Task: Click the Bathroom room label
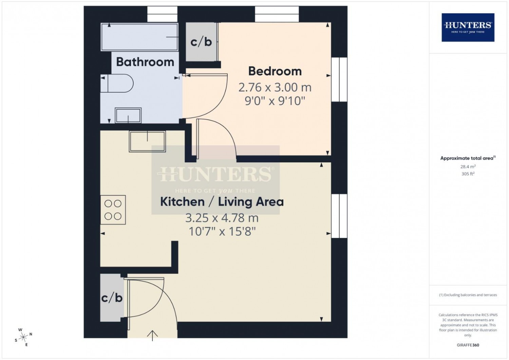[x=145, y=62]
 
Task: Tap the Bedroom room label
[x=275, y=71]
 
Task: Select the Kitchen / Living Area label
[x=222, y=202]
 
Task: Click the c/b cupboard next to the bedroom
[x=201, y=42]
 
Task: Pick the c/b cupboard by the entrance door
[x=112, y=298]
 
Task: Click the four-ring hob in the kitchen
[x=113, y=210]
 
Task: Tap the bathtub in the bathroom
[x=139, y=37]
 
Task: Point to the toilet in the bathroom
[x=117, y=84]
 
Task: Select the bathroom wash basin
[x=128, y=115]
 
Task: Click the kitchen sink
[x=147, y=141]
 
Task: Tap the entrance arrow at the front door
[x=152, y=335]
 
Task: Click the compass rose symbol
[x=23, y=337]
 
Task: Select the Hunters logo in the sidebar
[x=468, y=27]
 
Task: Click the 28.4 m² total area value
[x=468, y=167]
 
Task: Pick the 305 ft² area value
[x=468, y=174]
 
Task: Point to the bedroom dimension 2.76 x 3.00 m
[x=275, y=88]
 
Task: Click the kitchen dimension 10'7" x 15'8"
[x=222, y=232]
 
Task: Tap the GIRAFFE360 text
[x=468, y=345]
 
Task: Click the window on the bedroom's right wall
[x=339, y=79]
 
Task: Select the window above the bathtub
[x=162, y=14]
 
